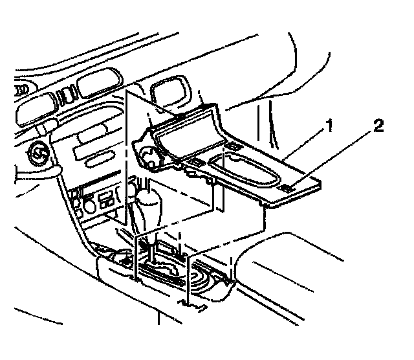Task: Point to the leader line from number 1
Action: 304,146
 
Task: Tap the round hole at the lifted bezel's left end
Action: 148,157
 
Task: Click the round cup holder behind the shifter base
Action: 207,282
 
